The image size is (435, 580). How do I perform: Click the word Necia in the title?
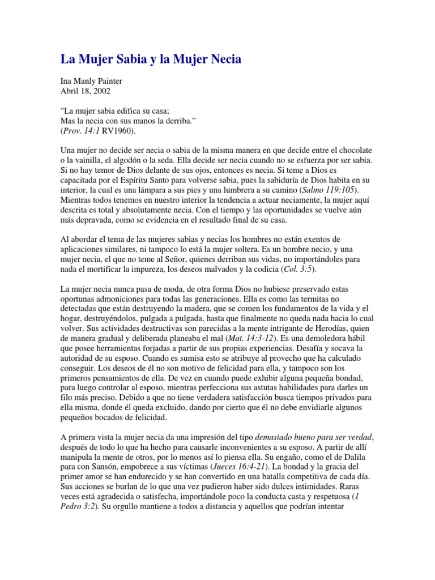click(x=222, y=58)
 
